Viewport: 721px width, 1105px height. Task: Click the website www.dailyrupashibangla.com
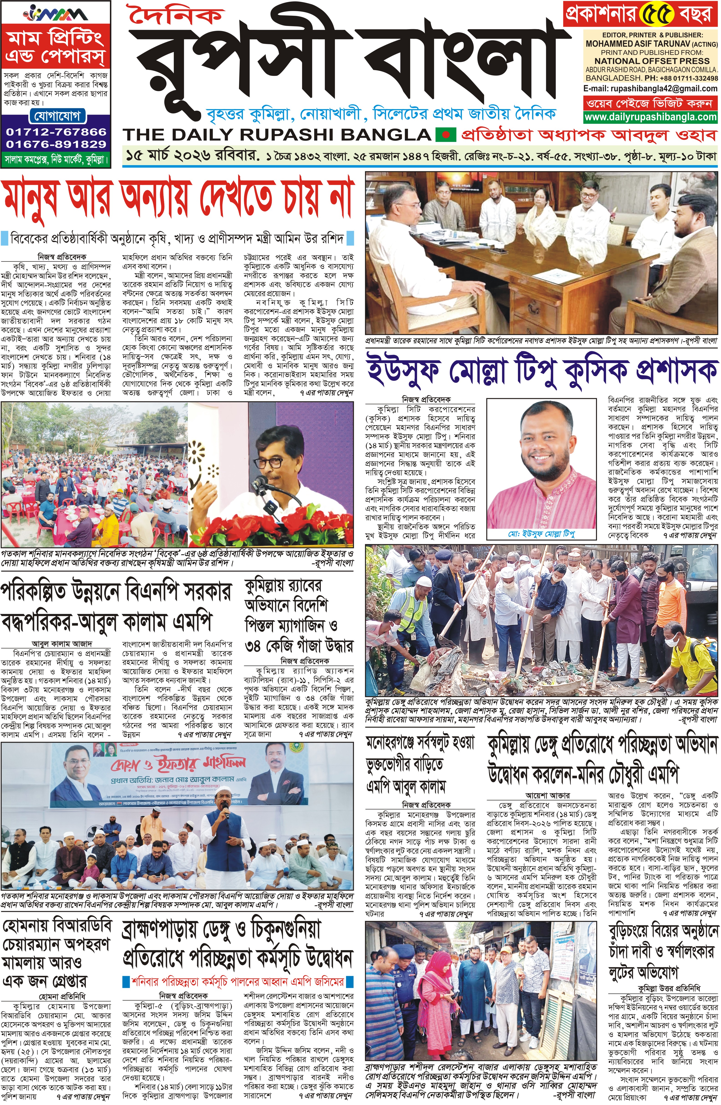[x=650, y=118]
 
